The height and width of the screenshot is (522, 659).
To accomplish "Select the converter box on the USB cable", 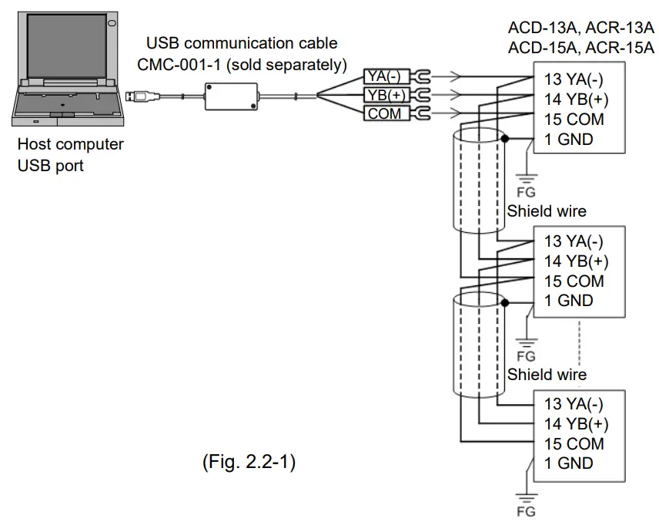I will [231, 96].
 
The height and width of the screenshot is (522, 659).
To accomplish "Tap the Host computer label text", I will [70, 144].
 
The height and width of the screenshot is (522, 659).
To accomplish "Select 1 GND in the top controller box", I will [568, 140].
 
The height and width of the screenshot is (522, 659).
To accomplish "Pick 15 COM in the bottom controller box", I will [574, 443].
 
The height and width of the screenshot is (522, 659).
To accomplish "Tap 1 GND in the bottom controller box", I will [568, 463].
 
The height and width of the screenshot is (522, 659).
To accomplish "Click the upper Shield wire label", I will [546, 210].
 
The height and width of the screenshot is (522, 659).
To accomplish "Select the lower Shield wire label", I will [546, 375].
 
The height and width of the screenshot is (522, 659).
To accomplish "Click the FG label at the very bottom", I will [526, 511].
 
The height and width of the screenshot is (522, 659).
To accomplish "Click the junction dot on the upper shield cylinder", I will [504, 140].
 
